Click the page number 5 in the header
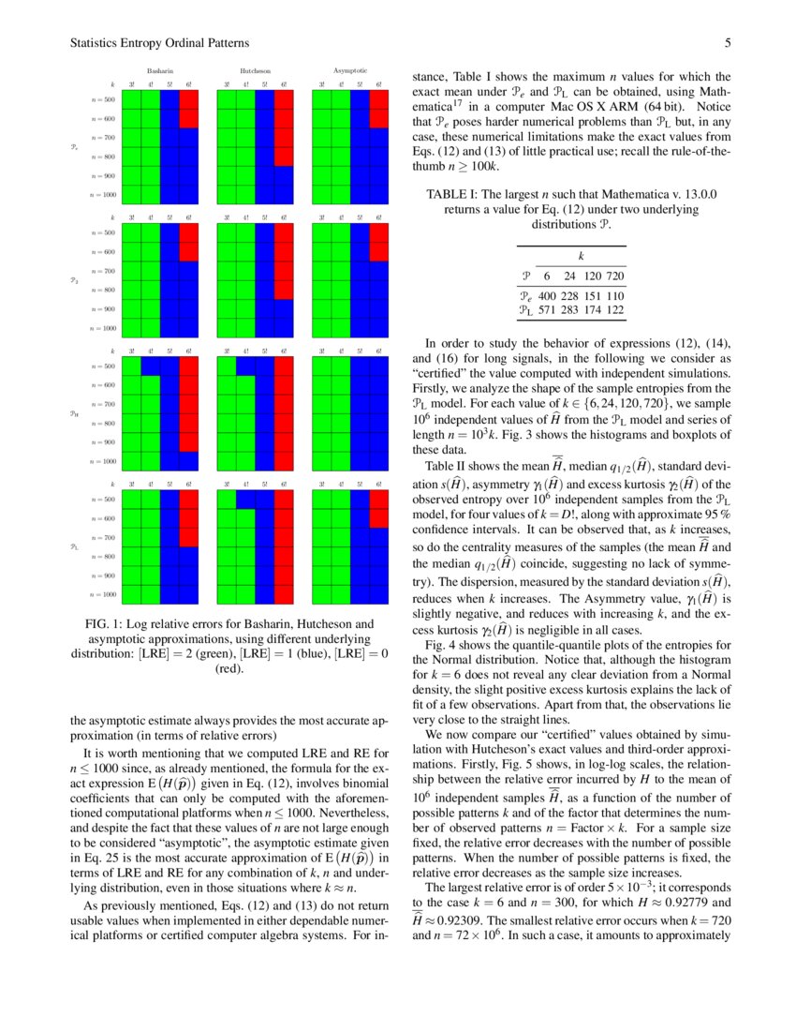727,43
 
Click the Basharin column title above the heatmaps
160,71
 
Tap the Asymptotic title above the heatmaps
350,70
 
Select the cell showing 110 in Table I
615,295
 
